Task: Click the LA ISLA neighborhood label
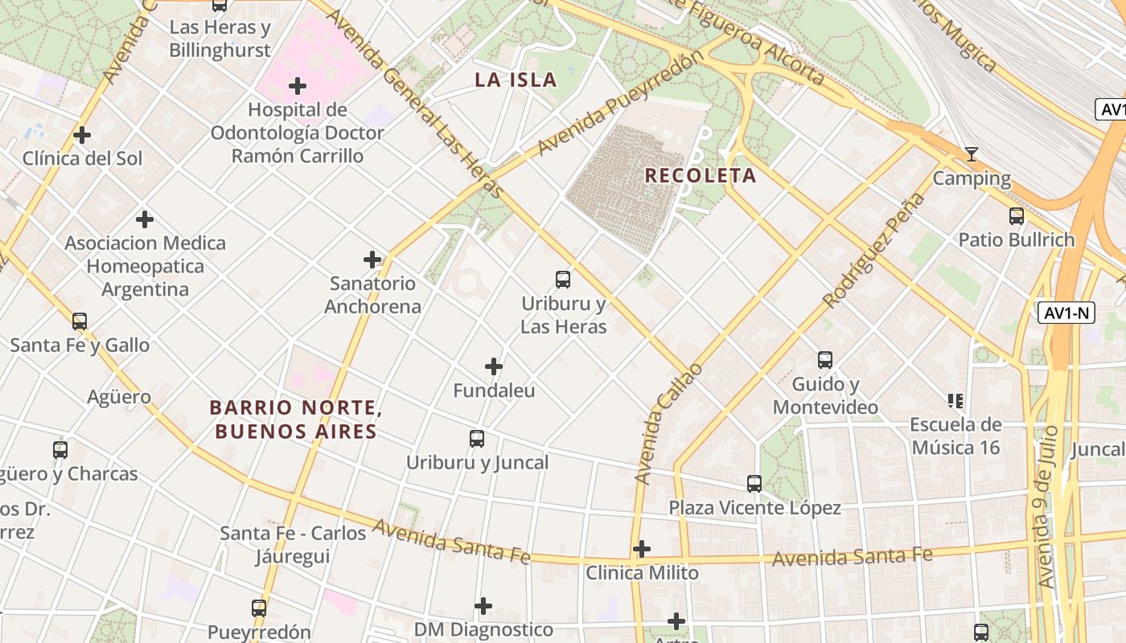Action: click(x=516, y=80)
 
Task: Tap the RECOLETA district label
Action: click(x=701, y=176)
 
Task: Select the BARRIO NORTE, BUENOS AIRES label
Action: click(x=295, y=420)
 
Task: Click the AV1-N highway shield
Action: click(x=1066, y=313)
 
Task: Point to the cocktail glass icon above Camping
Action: click(x=972, y=154)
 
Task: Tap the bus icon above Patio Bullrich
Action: click(x=1017, y=215)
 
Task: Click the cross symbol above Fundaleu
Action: click(x=494, y=367)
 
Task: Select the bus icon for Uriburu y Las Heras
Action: click(x=563, y=280)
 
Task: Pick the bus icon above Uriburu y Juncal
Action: click(x=477, y=439)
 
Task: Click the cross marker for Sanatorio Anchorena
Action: click(x=372, y=260)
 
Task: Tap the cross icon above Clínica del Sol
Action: click(x=82, y=135)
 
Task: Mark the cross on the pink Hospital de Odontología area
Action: click(x=298, y=86)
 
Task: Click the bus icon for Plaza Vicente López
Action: click(x=754, y=484)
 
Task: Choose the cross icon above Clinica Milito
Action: click(x=642, y=550)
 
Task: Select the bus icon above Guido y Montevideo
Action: click(x=825, y=360)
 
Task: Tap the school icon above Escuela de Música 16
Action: click(x=955, y=400)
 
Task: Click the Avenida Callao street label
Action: click(x=668, y=424)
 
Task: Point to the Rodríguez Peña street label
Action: click(x=873, y=251)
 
